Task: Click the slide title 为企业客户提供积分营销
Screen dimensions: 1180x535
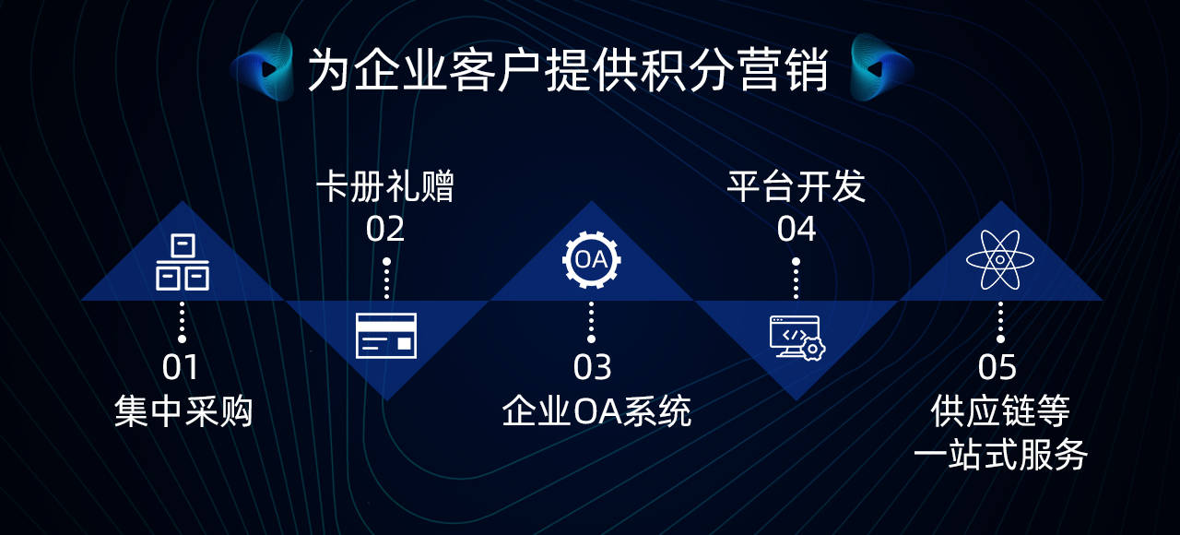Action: pos(567,70)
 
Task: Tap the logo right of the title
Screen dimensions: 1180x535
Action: pos(880,67)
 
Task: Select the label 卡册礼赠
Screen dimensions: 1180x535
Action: pos(385,186)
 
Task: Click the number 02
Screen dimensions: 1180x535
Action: pos(385,229)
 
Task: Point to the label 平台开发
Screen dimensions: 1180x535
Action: pos(796,186)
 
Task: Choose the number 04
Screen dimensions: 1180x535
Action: pos(796,229)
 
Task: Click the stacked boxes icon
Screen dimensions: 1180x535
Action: pos(183,262)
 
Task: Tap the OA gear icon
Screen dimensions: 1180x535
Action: pos(591,260)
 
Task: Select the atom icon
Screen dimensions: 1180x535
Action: pos(1000,260)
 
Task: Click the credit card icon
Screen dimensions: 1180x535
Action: pos(386,336)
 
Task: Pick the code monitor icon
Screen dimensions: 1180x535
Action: pos(797,338)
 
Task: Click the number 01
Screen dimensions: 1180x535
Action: pos(180,367)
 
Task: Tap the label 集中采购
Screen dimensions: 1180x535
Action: pos(183,411)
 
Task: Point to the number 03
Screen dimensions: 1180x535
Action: pos(592,367)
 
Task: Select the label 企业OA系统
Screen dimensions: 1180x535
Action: pos(596,411)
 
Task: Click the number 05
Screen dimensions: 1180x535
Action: pos(997,367)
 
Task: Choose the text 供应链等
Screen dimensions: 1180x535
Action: pos(1000,411)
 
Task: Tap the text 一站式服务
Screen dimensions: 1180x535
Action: pos(1000,455)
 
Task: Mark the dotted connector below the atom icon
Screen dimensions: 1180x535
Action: pos(1000,322)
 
